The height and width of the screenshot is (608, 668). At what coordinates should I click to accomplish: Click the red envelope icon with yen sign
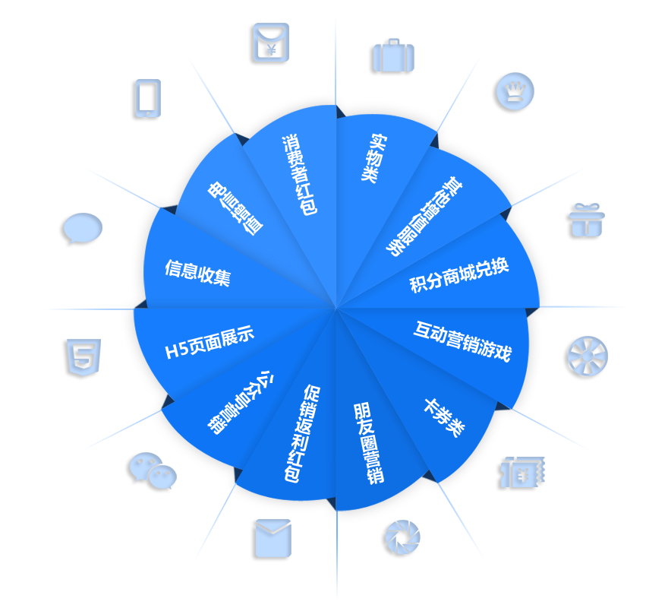(x=271, y=43)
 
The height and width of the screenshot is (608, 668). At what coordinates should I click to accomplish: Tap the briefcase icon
(x=393, y=55)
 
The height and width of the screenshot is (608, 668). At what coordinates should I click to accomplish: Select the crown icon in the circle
(x=515, y=91)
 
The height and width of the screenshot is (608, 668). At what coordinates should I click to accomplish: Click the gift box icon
(x=587, y=220)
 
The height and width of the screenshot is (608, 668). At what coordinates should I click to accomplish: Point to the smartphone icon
(x=148, y=98)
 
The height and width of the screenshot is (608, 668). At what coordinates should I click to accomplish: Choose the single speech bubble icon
(x=83, y=228)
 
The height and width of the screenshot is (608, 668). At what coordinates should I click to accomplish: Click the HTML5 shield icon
(x=83, y=357)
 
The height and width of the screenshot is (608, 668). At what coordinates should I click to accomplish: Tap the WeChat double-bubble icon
(x=153, y=470)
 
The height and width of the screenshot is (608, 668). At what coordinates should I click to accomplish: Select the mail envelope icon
(x=273, y=538)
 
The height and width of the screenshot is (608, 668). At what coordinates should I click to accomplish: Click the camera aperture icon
(x=402, y=537)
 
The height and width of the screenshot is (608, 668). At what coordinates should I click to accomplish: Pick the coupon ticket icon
(x=522, y=472)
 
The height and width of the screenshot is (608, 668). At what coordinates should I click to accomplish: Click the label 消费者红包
(x=299, y=175)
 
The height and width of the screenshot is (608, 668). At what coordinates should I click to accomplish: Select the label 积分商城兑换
(x=459, y=276)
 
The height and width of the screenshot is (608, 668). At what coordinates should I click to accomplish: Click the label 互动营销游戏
(x=462, y=341)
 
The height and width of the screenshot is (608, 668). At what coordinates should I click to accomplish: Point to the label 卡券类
(x=444, y=418)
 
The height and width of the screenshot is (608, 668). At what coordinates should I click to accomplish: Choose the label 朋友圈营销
(x=368, y=444)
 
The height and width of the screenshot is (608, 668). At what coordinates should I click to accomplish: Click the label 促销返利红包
(x=302, y=433)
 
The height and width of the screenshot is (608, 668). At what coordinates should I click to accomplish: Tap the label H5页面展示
(x=210, y=342)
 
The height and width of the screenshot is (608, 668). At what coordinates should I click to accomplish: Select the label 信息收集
(x=197, y=273)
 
